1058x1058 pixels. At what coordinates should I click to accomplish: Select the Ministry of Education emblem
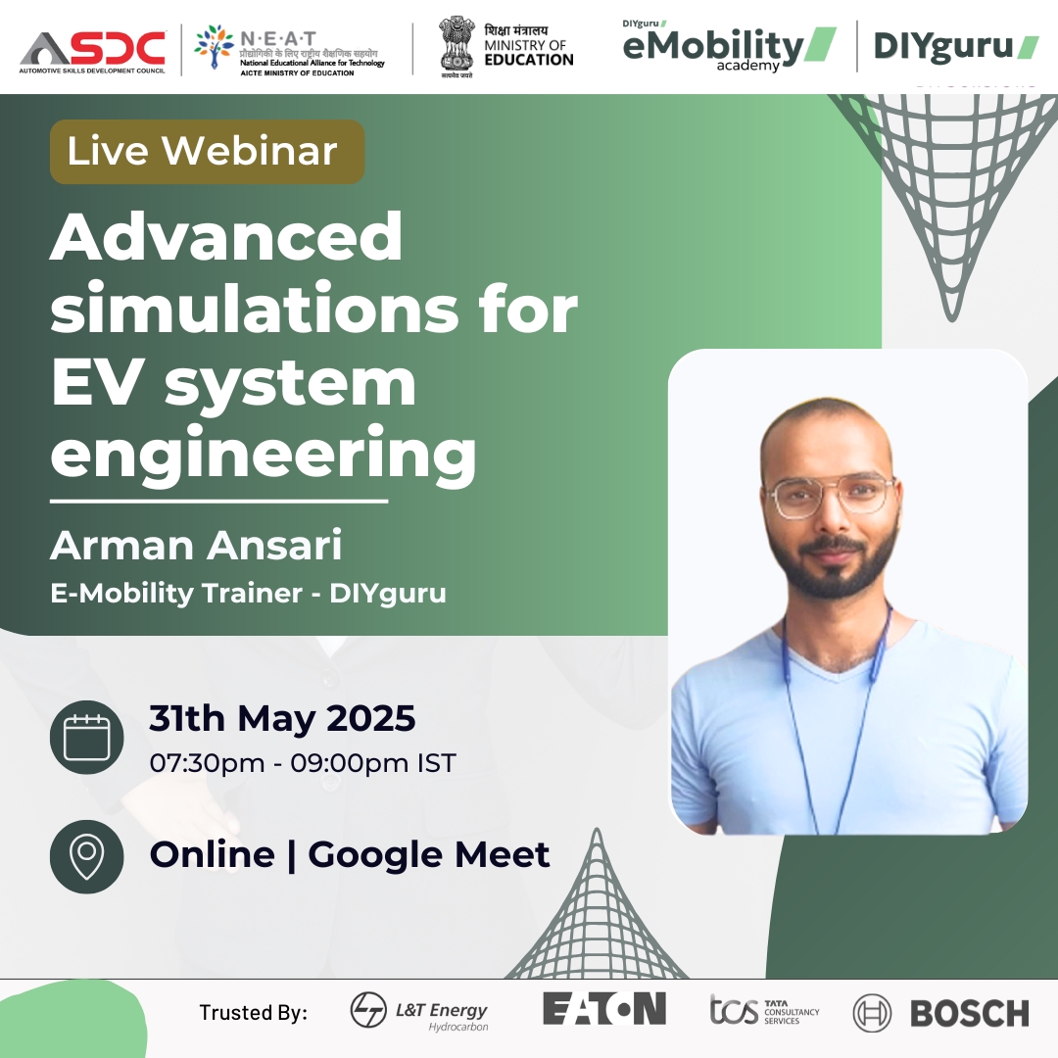456,46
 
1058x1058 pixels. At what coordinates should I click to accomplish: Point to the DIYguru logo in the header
955,46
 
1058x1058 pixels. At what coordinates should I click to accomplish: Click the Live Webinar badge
207,152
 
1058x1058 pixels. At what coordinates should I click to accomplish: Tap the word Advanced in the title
226,238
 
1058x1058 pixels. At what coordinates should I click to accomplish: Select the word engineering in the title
264,452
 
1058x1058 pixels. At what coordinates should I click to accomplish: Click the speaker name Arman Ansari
196,546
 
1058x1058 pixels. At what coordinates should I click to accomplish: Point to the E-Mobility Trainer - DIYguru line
248,594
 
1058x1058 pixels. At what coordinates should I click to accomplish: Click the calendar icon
86,737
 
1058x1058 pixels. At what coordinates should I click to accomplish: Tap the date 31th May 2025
282,719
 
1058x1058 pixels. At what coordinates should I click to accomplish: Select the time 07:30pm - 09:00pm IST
302,762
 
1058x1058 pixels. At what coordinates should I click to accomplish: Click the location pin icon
86,856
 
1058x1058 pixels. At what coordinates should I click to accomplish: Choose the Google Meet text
428,854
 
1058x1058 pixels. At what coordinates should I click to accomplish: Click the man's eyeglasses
831,496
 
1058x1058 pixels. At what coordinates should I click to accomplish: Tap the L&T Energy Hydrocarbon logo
419,1012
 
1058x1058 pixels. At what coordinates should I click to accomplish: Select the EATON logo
604,1008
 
